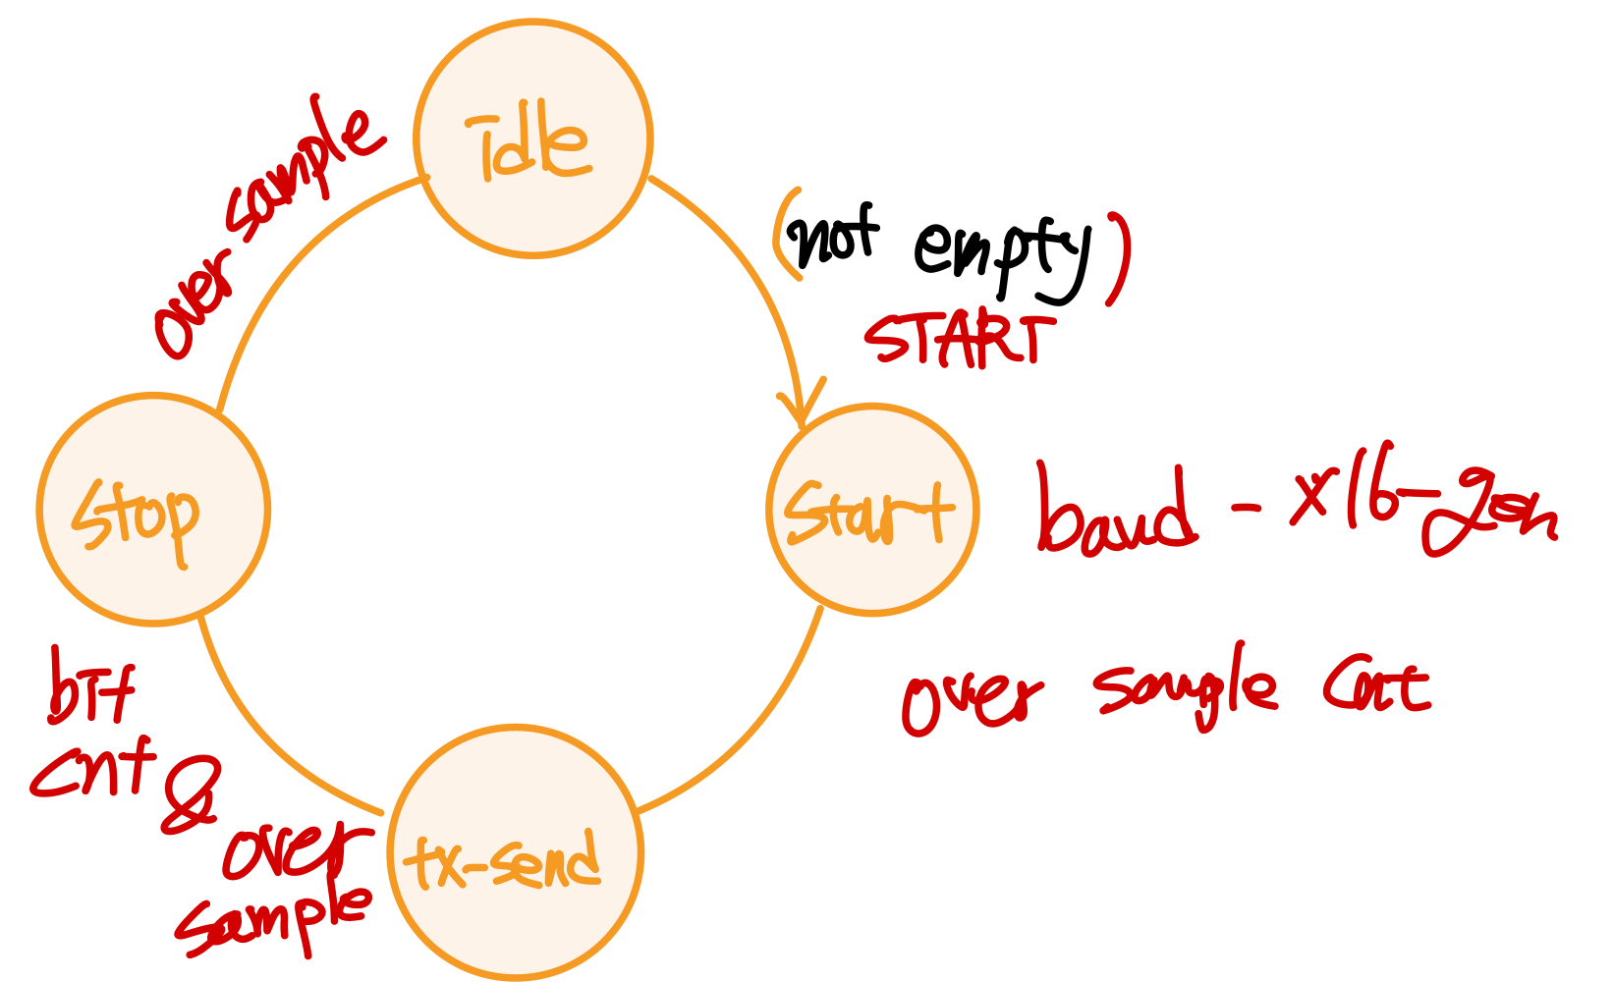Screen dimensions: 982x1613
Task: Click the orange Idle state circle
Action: click(533, 138)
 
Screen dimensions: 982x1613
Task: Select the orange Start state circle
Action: click(872, 510)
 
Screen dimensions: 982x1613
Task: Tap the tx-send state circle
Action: click(516, 852)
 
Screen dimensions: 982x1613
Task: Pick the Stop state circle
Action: click(153, 510)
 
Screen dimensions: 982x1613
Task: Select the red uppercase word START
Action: click(953, 339)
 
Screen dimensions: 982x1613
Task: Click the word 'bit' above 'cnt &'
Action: click(91, 691)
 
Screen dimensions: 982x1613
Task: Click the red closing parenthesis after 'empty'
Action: click(1118, 257)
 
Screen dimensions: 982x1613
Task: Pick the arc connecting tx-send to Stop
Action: click(265, 746)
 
